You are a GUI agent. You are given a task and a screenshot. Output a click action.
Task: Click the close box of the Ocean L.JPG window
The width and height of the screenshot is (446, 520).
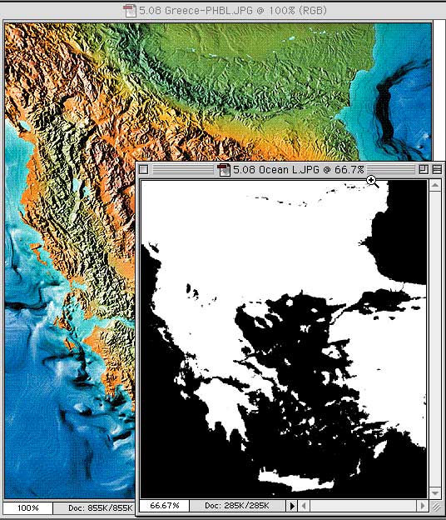[x=143, y=170]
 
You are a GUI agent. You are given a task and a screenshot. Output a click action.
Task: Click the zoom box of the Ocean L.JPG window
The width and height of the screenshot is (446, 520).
[x=424, y=170]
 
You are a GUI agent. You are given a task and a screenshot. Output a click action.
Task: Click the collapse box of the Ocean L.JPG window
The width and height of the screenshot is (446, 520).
[x=437, y=170]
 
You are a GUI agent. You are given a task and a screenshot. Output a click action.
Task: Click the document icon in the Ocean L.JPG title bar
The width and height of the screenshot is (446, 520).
[x=223, y=170]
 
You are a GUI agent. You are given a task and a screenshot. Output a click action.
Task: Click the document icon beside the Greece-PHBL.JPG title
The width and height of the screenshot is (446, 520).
[x=129, y=10]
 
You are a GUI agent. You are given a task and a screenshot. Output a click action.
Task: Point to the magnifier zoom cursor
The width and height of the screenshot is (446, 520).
[x=371, y=181]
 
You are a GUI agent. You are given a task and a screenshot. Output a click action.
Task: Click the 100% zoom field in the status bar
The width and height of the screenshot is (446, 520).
[x=27, y=507]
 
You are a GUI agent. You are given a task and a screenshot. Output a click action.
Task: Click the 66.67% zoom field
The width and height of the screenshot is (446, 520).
[x=163, y=506]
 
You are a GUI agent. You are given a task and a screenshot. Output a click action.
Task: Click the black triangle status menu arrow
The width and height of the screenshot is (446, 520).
[x=292, y=506]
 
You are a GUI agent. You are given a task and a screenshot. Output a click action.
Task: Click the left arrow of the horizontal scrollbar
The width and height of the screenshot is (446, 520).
[x=304, y=506]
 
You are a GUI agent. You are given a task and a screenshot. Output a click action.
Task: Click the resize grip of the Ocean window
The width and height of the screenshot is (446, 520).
[x=437, y=506]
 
